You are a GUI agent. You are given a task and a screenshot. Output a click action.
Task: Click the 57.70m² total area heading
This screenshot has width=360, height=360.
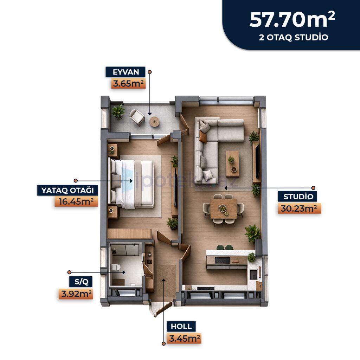(x=292, y=20)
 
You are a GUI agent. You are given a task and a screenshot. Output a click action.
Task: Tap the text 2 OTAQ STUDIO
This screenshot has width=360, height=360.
(x=294, y=37)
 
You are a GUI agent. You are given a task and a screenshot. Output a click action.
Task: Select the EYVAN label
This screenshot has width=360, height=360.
(x=126, y=72)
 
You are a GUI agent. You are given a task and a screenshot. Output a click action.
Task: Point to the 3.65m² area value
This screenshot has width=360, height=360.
(x=129, y=83)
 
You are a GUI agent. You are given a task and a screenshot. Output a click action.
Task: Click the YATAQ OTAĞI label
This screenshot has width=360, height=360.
(x=67, y=190)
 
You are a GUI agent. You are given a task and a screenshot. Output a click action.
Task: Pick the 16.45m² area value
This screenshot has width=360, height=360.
(x=76, y=201)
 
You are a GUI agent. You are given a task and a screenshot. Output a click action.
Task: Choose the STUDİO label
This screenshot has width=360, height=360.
(x=298, y=197)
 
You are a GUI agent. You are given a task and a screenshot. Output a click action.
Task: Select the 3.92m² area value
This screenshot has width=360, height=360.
(x=76, y=294)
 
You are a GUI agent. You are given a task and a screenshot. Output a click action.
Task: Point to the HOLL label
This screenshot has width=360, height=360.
(x=181, y=326)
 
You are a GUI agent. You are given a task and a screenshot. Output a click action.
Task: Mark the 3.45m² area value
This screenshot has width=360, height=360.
(x=184, y=339)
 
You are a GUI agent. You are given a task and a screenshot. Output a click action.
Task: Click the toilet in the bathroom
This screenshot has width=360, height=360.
(x=116, y=267)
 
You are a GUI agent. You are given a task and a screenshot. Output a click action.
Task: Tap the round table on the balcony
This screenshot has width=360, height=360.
(x=154, y=121)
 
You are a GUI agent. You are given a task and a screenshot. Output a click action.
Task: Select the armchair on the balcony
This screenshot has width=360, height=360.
(x=137, y=117)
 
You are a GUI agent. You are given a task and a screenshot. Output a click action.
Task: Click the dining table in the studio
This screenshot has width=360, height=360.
(x=223, y=209)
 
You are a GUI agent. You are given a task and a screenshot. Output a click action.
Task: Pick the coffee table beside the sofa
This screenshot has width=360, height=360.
(x=232, y=164)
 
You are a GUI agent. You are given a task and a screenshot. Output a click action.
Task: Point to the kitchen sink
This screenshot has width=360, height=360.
(x=253, y=274)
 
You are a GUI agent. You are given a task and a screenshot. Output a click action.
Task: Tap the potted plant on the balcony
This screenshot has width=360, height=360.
(x=118, y=112)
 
